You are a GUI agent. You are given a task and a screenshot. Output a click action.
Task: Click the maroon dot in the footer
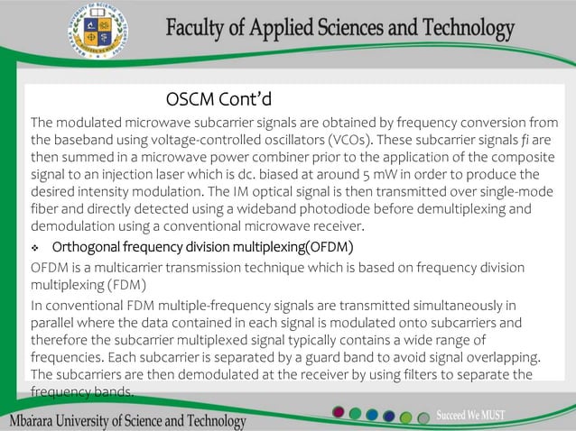pyautogui.click(x=339, y=414)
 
